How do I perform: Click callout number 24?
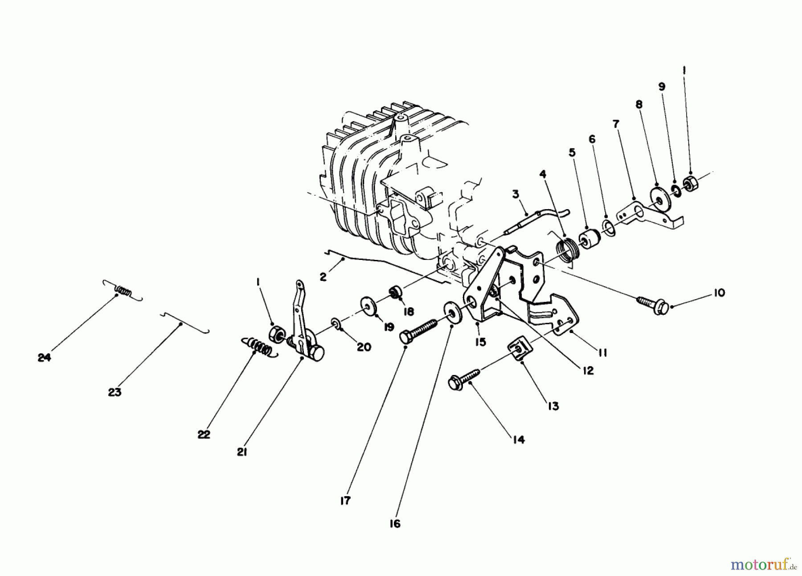44,357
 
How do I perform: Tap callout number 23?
115,392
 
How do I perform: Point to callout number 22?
204,434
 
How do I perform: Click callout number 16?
395,523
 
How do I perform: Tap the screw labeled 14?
463,379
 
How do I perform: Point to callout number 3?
516,194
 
